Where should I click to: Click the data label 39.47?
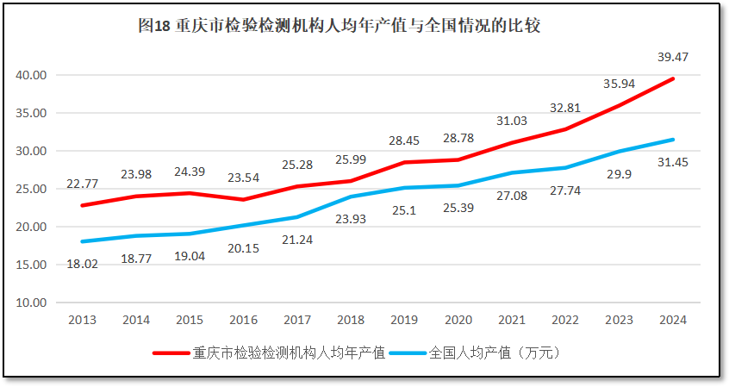[x=672, y=57]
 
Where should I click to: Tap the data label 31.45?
[x=674, y=161]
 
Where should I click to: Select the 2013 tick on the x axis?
[x=83, y=320]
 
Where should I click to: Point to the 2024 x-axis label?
[x=672, y=320]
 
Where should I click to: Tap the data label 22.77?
[x=83, y=184]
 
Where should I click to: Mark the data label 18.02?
[x=83, y=264]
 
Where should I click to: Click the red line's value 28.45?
[x=404, y=140]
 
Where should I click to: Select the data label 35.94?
[x=619, y=84]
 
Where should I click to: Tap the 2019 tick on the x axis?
[x=404, y=320]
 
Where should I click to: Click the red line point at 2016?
[x=244, y=200]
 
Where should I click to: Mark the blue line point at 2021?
[x=512, y=172]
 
